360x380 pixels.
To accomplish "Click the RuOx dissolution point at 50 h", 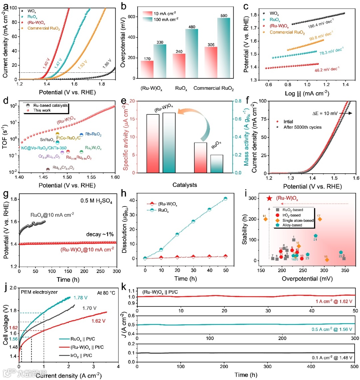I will (225, 199).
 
